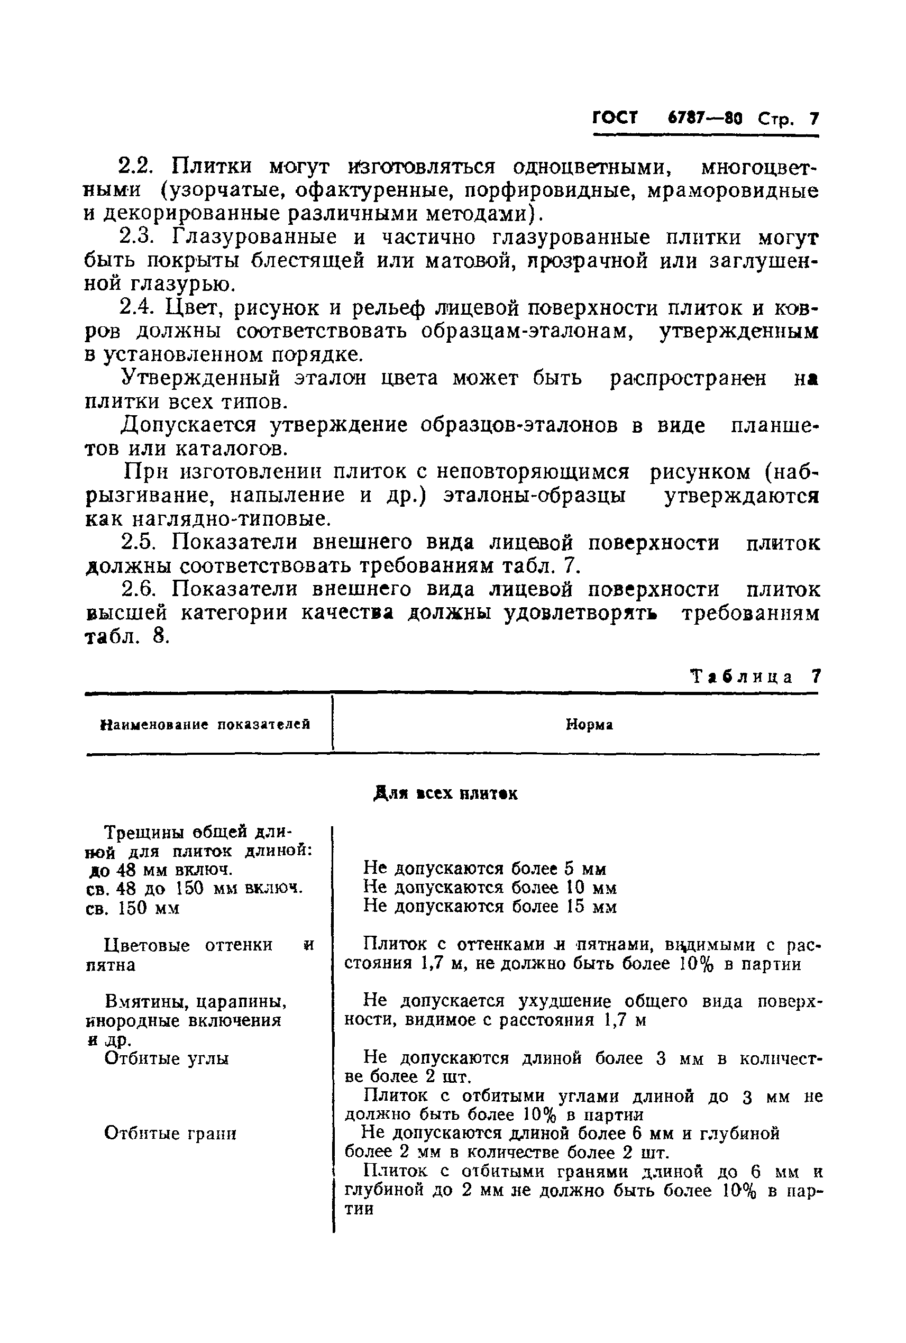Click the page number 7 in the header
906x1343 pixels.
(x=814, y=119)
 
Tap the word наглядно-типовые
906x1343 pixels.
(x=232, y=519)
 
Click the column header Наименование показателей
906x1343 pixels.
(x=206, y=724)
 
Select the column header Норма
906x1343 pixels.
(x=589, y=724)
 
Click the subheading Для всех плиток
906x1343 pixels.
(x=445, y=794)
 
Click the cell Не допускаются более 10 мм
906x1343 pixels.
(x=490, y=887)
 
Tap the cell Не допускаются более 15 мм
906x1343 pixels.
(x=490, y=906)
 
